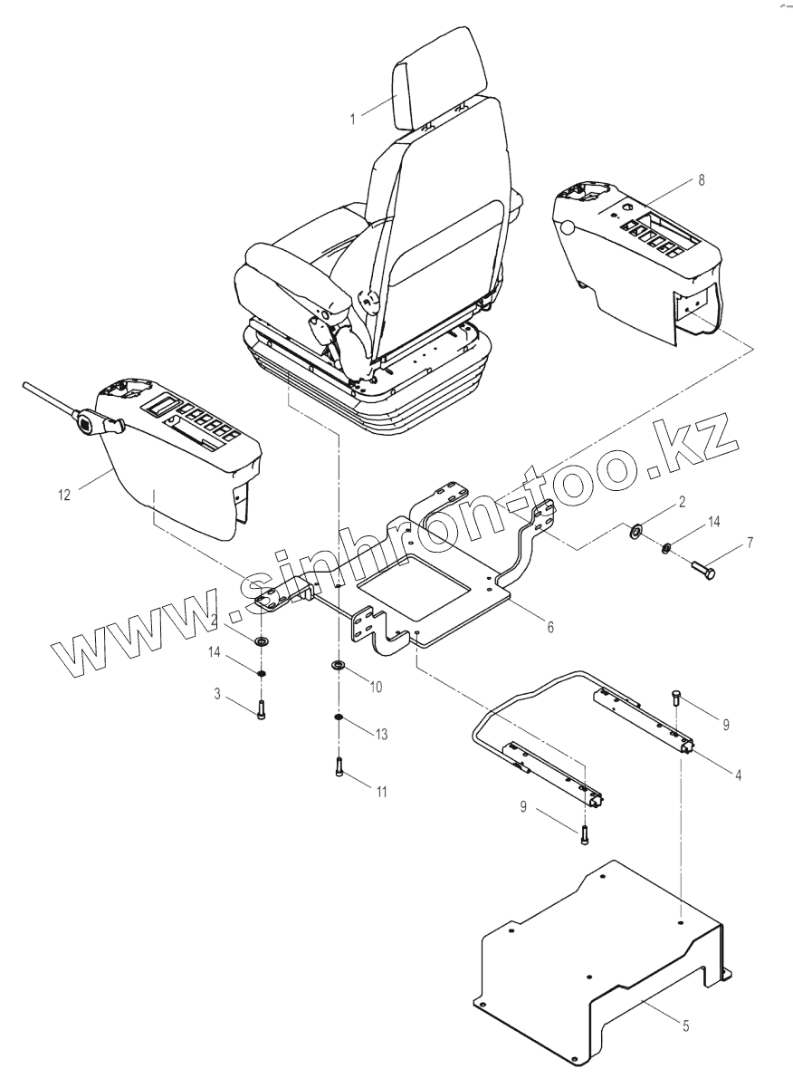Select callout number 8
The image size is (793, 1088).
[x=703, y=181]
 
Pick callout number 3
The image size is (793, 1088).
[x=217, y=693]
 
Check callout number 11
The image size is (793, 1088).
[x=381, y=792]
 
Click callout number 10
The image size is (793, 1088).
[x=376, y=687]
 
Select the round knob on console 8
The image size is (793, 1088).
[x=568, y=228]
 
